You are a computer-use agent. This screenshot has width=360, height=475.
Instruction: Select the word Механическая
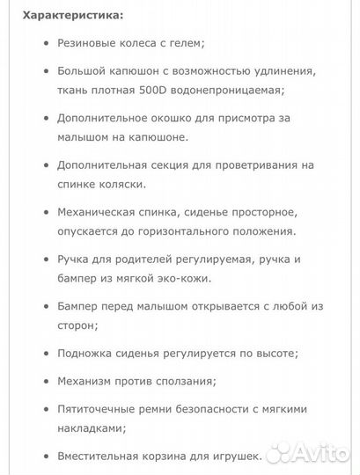96,213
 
